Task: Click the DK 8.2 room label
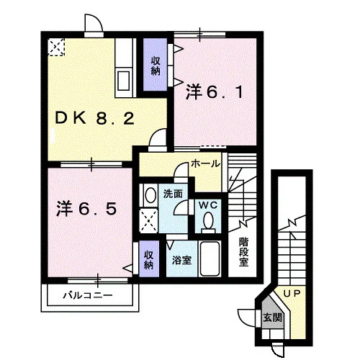(x=94, y=118)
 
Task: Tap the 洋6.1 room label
(x=215, y=92)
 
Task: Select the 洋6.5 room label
(x=86, y=208)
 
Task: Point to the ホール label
(x=205, y=164)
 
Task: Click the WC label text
(x=208, y=205)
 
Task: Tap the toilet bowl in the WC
(x=208, y=220)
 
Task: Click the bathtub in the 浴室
(x=210, y=258)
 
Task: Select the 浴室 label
(x=181, y=260)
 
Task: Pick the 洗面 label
(x=173, y=194)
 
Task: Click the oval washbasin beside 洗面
(x=150, y=195)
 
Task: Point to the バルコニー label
(x=88, y=295)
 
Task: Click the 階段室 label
(x=243, y=252)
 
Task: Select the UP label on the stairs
(x=292, y=293)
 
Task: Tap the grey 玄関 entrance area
(x=273, y=315)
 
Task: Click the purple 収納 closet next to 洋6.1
(x=155, y=64)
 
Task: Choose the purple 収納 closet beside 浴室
(x=149, y=258)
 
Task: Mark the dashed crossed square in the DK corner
(x=56, y=47)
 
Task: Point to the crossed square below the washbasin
(x=148, y=221)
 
